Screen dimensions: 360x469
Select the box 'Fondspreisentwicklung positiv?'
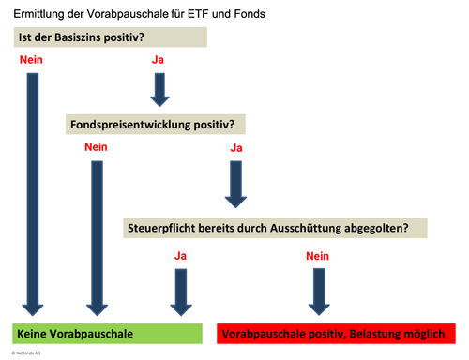156,124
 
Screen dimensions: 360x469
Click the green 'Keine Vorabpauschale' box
107,333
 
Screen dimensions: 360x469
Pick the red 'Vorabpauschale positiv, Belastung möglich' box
339,334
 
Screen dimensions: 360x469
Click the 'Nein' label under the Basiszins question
31,60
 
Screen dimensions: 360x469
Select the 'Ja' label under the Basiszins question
158,60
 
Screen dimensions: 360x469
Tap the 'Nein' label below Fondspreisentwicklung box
96,147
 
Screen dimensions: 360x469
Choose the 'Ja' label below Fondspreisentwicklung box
236,147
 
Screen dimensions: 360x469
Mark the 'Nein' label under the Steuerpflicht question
318,255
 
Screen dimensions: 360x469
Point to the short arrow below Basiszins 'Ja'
159,88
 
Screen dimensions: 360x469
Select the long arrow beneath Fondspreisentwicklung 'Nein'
96,234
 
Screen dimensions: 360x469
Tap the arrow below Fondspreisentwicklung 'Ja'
235,183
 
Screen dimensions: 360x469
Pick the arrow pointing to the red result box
317,292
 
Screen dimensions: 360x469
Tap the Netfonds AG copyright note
27,354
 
